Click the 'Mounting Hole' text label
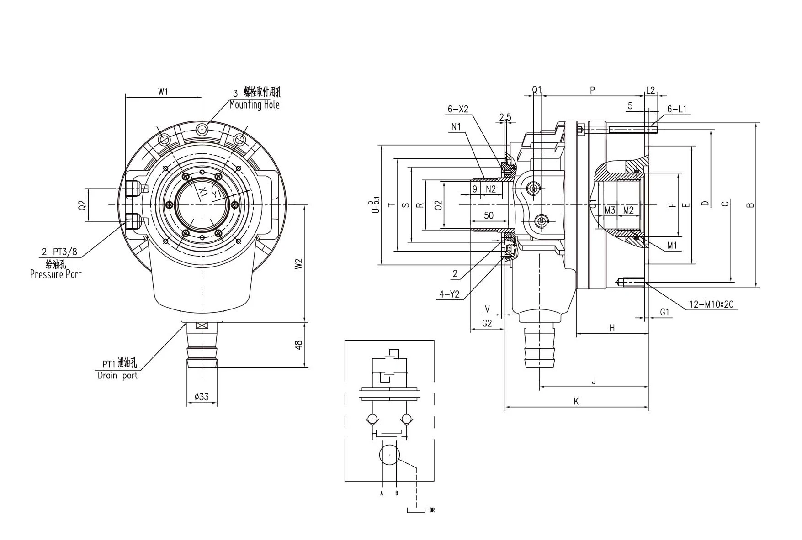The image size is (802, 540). (x=254, y=105)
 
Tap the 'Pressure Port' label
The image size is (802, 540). (x=55, y=274)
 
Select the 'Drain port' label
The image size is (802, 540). (x=117, y=376)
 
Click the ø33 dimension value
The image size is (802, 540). (x=202, y=397)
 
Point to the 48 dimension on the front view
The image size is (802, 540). (x=298, y=345)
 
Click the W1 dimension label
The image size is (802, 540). (x=163, y=92)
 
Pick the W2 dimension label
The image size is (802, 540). (x=298, y=264)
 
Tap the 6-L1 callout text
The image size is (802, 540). (x=677, y=109)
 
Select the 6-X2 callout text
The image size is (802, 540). (x=458, y=109)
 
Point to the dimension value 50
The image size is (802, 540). (x=489, y=215)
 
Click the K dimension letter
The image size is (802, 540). (x=576, y=401)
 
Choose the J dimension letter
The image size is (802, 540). (x=594, y=381)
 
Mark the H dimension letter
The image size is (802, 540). (x=612, y=328)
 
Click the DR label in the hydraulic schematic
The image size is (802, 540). (x=432, y=510)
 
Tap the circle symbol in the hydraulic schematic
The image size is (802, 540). (x=389, y=455)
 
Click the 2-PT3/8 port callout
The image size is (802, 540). (x=59, y=252)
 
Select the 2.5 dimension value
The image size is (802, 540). (x=505, y=117)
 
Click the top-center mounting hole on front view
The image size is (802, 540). (x=202, y=130)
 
